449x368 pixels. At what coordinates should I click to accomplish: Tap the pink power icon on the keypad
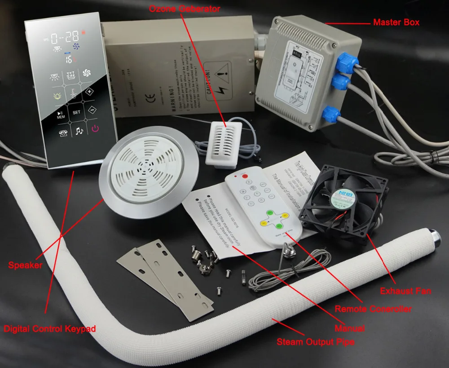[95, 129]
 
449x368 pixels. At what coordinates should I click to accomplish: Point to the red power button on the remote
[245, 177]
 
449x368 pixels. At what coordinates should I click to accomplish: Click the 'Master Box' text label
[396, 22]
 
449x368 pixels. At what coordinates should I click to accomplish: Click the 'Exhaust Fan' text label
[405, 291]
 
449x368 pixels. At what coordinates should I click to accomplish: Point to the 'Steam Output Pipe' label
[316, 342]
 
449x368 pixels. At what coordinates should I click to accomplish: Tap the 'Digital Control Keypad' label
[49, 329]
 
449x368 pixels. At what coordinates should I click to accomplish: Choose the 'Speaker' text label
[25, 265]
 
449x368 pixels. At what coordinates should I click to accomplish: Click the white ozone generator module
[223, 144]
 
